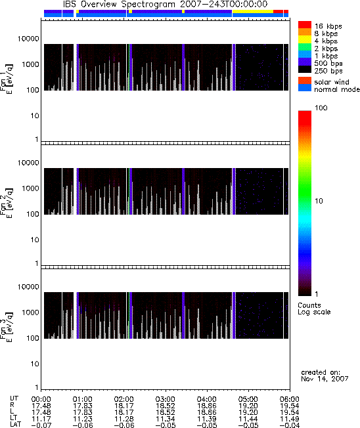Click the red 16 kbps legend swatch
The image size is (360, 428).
pyautogui.click(x=305, y=25)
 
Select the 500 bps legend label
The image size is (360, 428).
pyautogui.click(x=328, y=63)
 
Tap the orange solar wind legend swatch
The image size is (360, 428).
pyautogui.click(x=305, y=81)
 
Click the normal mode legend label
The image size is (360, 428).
pyautogui.click(x=337, y=89)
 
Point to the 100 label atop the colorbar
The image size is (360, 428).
pyautogui.click(x=321, y=108)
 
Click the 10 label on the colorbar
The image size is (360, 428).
pyautogui.click(x=319, y=201)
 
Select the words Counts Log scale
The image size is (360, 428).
pyautogui.click(x=314, y=309)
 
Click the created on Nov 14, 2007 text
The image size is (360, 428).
pyautogui.click(x=325, y=375)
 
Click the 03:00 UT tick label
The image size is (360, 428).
pyautogui.click(x=166, y=399)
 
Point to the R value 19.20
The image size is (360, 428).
pyautogui.click(x=248, y=406)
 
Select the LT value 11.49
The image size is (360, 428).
pyautogui.click(x=290, y=419)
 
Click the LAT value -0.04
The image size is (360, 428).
pyautogui.click(x=290, y=425)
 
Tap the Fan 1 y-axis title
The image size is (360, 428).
pyautogui.click(x=6, y=79)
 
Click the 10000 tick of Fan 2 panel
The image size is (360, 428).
pyautogui.click(x=28, y=163)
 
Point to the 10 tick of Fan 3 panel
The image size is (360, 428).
pyautogui.click(x=35, y=364)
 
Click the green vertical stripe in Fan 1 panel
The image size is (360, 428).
pyautogui.click(x=129, y=67)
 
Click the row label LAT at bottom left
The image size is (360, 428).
pyautogui.click(x=15, y=425)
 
